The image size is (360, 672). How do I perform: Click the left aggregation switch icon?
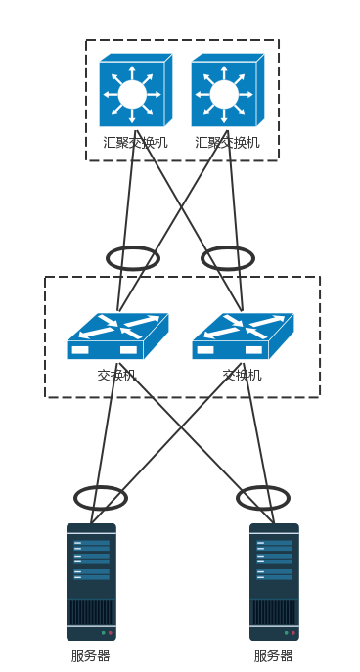point(135,90)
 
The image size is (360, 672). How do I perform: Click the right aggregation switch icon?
point(228,90)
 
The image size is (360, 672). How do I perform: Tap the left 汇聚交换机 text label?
point(135,142)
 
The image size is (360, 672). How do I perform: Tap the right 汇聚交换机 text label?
point(228,142)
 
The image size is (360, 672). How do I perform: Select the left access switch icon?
point(117,336)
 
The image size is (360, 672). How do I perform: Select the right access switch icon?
point(243,336)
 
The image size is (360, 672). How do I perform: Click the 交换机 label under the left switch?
point(116,376)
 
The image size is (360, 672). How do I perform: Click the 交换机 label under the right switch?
point(243,376)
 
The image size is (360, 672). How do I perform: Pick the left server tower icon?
point(91,582)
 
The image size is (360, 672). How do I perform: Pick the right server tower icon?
point(274,582)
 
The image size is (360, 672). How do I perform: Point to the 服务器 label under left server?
point(90,656)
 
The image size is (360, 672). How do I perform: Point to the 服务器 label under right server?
point(274,656)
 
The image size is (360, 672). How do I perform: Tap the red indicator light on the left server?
point(111,633)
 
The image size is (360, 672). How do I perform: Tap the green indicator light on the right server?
point(287,633)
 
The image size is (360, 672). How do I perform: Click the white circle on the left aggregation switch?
point(132,94)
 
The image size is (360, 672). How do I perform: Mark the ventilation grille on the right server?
point(274,612)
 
